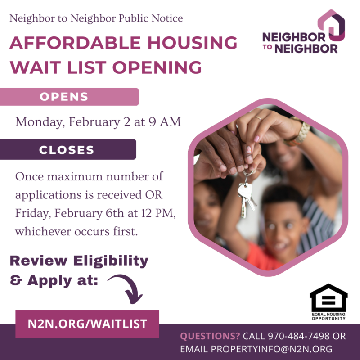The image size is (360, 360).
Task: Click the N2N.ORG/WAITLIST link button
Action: click(x=87, y=324)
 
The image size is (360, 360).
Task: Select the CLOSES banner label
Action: click(x=67, y=150)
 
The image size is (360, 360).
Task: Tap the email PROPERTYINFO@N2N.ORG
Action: click(x=271, y=349)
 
